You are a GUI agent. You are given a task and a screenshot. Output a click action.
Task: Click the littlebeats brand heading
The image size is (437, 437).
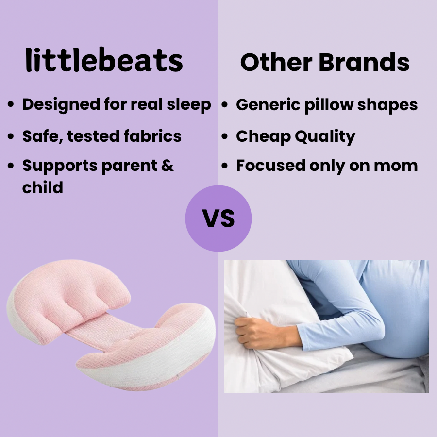point(104,62)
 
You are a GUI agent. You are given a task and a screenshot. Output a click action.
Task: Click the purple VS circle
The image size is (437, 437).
point(218,218)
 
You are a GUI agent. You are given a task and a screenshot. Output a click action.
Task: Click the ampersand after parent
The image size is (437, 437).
point(167,166)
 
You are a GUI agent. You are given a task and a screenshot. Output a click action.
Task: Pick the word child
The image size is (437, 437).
point(43,187)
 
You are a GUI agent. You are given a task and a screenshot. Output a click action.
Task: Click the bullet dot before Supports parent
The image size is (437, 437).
point(11,167)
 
